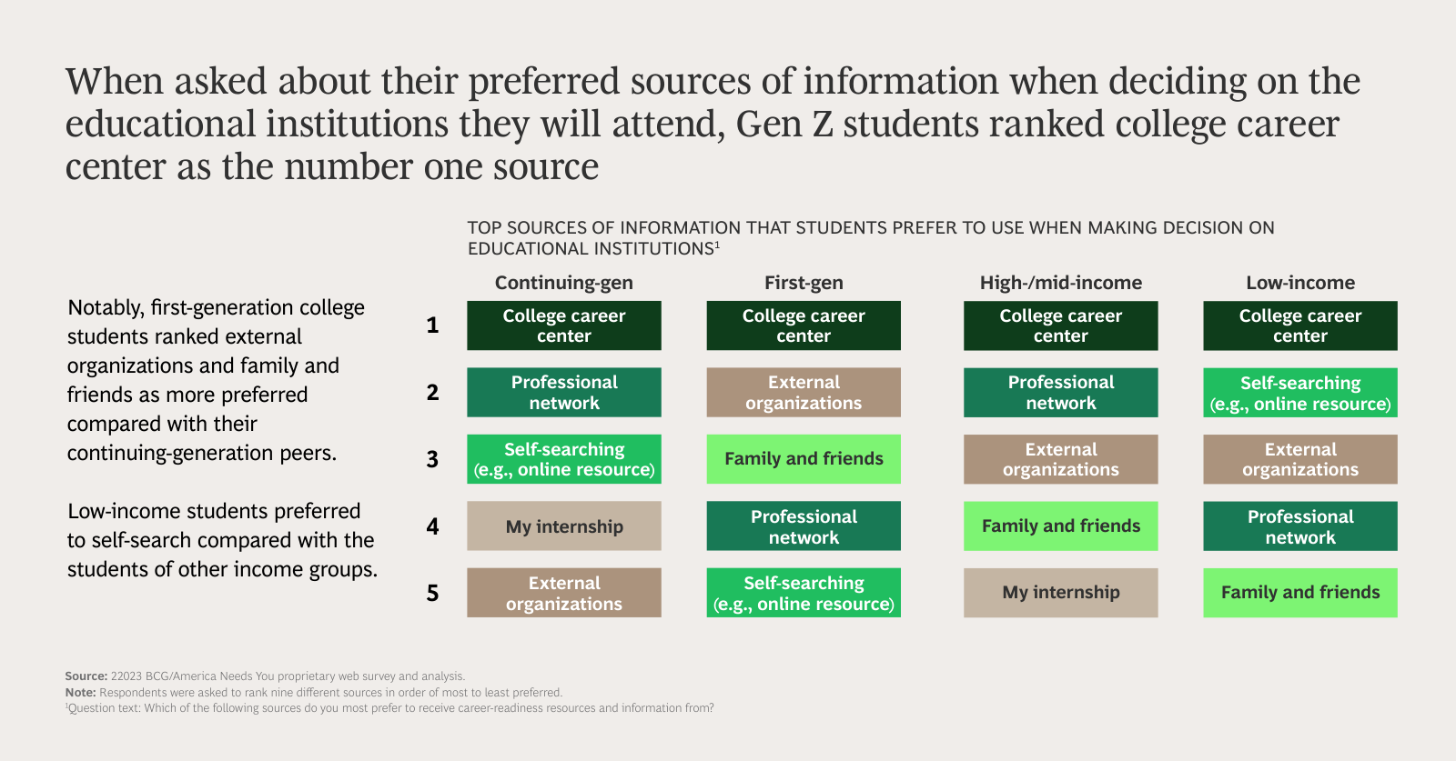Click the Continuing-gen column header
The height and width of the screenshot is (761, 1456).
(x=563, y=283)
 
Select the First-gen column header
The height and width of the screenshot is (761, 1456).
(x=804, y=283)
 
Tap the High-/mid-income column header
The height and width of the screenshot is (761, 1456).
(x=1060, y=283)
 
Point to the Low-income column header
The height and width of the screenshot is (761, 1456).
(x=1299, y=283)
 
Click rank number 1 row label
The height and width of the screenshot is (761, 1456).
(x=432, y=325)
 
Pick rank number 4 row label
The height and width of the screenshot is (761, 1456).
(x=432, y=526)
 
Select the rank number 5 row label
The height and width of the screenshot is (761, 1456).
(x=432, y=593)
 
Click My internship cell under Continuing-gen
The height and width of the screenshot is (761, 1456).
(x=564, y=526)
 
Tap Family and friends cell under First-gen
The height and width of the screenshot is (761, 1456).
(x=804, y=459)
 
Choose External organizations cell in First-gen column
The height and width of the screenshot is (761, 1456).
(x=804, y=393)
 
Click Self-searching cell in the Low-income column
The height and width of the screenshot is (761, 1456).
(x=1299, y=393)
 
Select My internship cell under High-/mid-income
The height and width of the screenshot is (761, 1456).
(x=1060, y=593)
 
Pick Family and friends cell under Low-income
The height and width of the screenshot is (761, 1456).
(x=1299, y=593)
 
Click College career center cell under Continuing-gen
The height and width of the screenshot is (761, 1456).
(x=564, y=325)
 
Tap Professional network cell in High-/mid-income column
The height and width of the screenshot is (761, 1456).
(x=1060, y=393)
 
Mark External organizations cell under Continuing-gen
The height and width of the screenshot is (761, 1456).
(x=564, y=593)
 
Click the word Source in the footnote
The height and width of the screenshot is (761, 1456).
(x=86, y=676)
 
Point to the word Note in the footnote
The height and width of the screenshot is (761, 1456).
(x=80, y=693)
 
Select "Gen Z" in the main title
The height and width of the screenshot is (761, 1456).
(x=784, y=125)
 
